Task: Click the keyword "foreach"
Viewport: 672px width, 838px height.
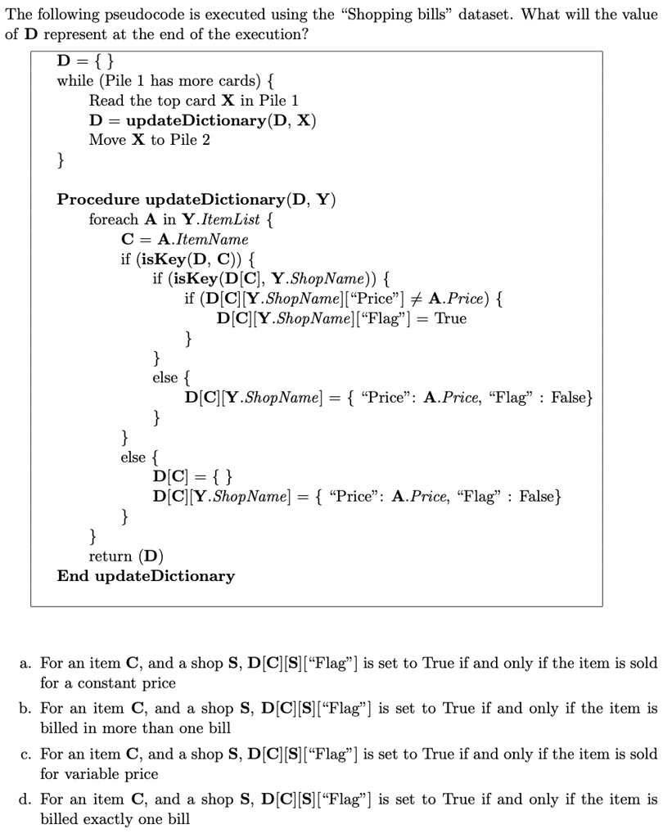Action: (x=114, y=219)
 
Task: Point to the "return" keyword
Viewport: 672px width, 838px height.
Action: (x=111, y=556)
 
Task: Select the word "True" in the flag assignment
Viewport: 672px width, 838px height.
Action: (x=450, y=318)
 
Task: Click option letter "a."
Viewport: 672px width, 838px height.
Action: (x=25, y=663)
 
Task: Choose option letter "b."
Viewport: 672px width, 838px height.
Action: (x=25, y=708)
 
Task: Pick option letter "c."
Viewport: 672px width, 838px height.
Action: (x=25, y=754)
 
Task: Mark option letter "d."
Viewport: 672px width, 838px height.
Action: (x=25, y=799)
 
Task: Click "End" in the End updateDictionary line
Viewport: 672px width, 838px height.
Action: (x=71, y=576)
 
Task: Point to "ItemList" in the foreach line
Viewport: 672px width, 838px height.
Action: (x=232, y=219)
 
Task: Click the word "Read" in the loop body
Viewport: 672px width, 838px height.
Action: (x=106, y=101)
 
